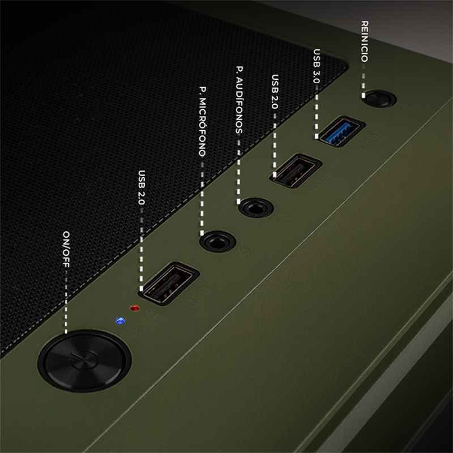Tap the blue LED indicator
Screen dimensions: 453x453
click(120, 320)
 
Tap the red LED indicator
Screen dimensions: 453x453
click(134, 308)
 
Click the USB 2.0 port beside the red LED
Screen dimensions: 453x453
click(169, 284)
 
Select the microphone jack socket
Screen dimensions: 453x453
click(217, 242)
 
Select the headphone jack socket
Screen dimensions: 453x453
click(255, 207)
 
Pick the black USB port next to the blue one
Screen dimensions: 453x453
click(296, 171)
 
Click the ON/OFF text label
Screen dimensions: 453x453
click(66, 249)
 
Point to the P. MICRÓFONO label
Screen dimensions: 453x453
click(203, 121)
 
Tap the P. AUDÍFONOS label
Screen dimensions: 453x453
click(239, 100)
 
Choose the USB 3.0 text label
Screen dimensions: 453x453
click(317, 66)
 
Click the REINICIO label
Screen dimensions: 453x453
click(364, 41)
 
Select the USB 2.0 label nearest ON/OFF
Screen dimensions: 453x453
click(141, 187)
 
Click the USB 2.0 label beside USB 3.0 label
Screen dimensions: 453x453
click(275, 92)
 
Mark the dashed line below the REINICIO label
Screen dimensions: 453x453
click(364, 81)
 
